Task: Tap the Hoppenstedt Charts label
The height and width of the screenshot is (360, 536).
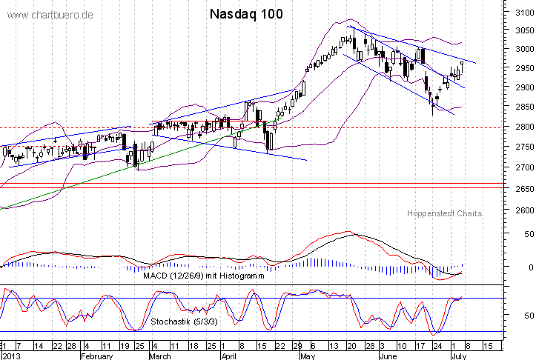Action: (x=444, y=213)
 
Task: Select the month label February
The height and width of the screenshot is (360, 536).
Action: (x=97, y=356)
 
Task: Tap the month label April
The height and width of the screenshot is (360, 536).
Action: (x=231, y=356)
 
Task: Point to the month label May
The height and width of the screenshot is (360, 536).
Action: (x=306, y=356)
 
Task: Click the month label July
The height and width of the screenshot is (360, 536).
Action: (x=458, y=356)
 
